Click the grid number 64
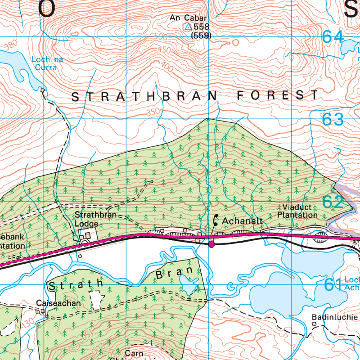click(333, 37)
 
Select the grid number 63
click(333, 119)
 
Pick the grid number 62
click(333, 202)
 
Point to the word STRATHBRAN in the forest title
click(144, 96)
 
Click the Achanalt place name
click(243, 221)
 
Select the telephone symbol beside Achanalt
click(216, 220)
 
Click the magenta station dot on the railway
click(211, 244)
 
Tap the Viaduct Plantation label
click(297, 211)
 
